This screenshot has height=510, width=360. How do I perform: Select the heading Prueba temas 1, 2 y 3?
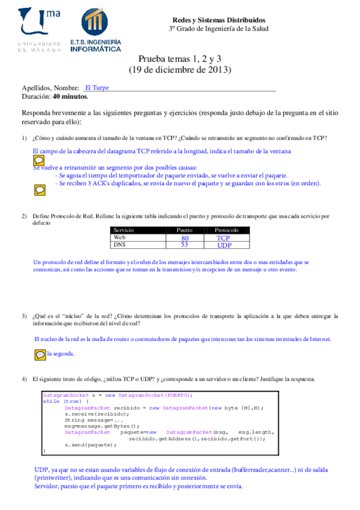(180, 59)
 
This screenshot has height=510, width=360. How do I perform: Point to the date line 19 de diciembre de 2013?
(180, 70)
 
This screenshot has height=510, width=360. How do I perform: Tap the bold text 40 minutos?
(70, 96)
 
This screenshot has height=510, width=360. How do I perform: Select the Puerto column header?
(185, 230)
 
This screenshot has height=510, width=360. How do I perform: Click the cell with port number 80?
(185, 238)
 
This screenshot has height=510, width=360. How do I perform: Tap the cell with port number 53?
(185, 245)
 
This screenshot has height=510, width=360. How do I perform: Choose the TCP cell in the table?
(224, 238)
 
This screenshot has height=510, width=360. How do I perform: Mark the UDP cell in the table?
(224, 245)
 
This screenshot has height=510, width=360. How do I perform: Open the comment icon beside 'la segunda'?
(40, 355)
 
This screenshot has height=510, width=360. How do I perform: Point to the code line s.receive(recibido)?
(97, 414)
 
